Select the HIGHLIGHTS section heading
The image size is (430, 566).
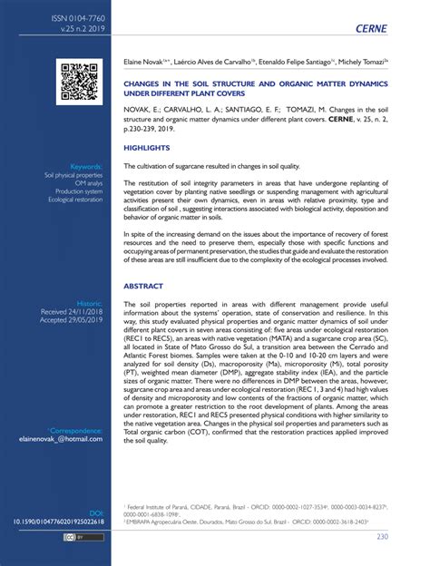tap(146, 146)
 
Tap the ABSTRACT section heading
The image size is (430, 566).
tap(144, 285)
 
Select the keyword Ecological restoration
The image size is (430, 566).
tap(75, 200)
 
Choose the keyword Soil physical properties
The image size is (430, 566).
tap(76, 175)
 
